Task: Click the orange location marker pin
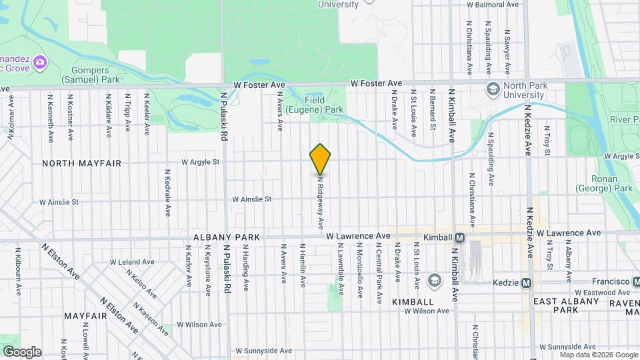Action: (x=320, y=159)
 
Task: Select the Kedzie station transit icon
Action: (x=527, y=283)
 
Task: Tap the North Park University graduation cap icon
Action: (x=493, y=89)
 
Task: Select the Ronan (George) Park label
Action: (x=611, y=183)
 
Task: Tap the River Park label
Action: (x=625, y=119)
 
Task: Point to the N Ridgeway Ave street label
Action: (x=321, y=200)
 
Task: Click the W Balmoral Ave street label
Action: (x=493, y=5)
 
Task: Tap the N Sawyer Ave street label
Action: (x=507, y=51)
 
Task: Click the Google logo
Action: (x=22, y=352)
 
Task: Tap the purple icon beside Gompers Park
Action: (x=40, y=63)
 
